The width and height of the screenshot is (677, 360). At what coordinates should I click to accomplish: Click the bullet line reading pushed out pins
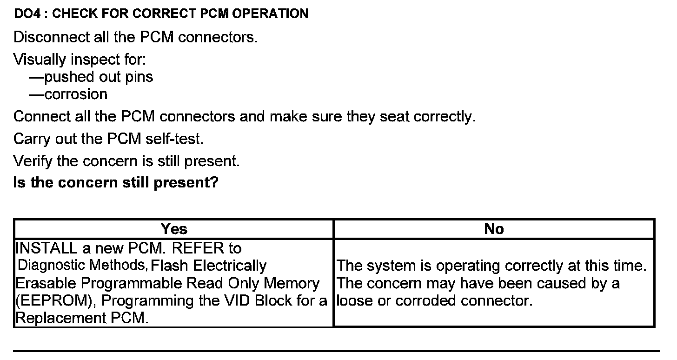(x=91, y=77)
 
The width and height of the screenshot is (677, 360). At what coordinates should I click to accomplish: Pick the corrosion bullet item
(x=68, y=94)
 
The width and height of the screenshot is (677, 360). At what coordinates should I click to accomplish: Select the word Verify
(x=33, y=161)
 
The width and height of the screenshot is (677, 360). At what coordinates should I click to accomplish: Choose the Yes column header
(x=173, y=229)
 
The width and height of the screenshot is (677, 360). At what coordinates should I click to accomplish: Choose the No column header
(x=494, y=229)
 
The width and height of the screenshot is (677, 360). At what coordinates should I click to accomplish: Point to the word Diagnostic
(x=56, y=266)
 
